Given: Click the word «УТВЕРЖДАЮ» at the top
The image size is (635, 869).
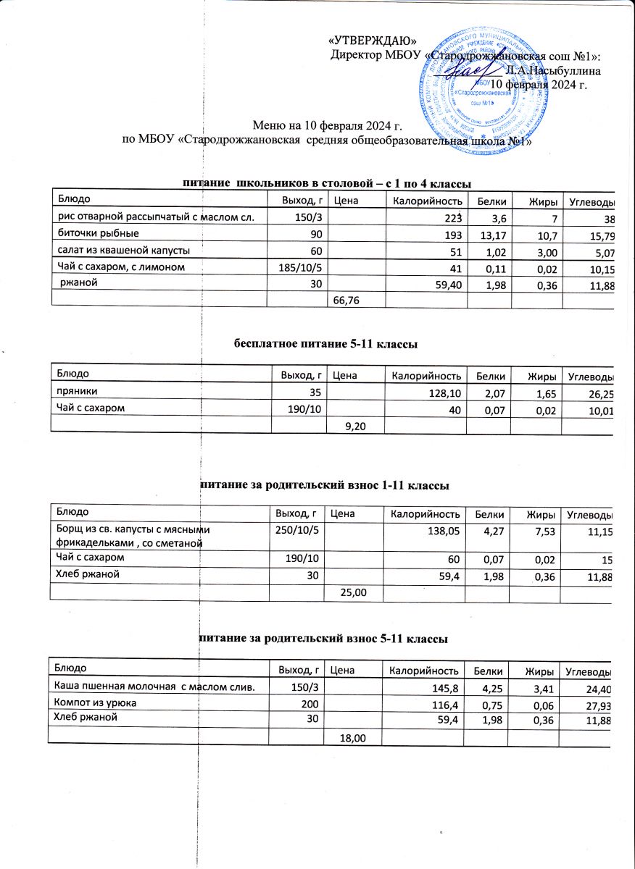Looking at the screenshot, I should point(373,41).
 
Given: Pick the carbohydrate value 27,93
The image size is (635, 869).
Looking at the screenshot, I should point(599,704).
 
